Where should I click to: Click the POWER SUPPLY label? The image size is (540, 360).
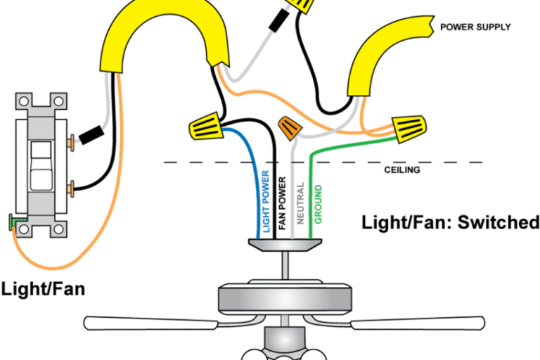(x=475, y=27)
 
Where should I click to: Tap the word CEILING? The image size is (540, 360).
(x=402, y=170)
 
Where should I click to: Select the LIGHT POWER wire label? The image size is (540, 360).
(x=266, y=201)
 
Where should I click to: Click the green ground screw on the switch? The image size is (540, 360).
(x=13, y=224)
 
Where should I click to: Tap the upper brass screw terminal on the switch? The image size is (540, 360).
(x=71, y=143)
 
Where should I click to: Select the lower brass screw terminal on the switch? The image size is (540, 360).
(x=71, y=188)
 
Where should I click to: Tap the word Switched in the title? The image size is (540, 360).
(x=500, y=223)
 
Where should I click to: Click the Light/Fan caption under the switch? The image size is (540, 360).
(x=42, y=288)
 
